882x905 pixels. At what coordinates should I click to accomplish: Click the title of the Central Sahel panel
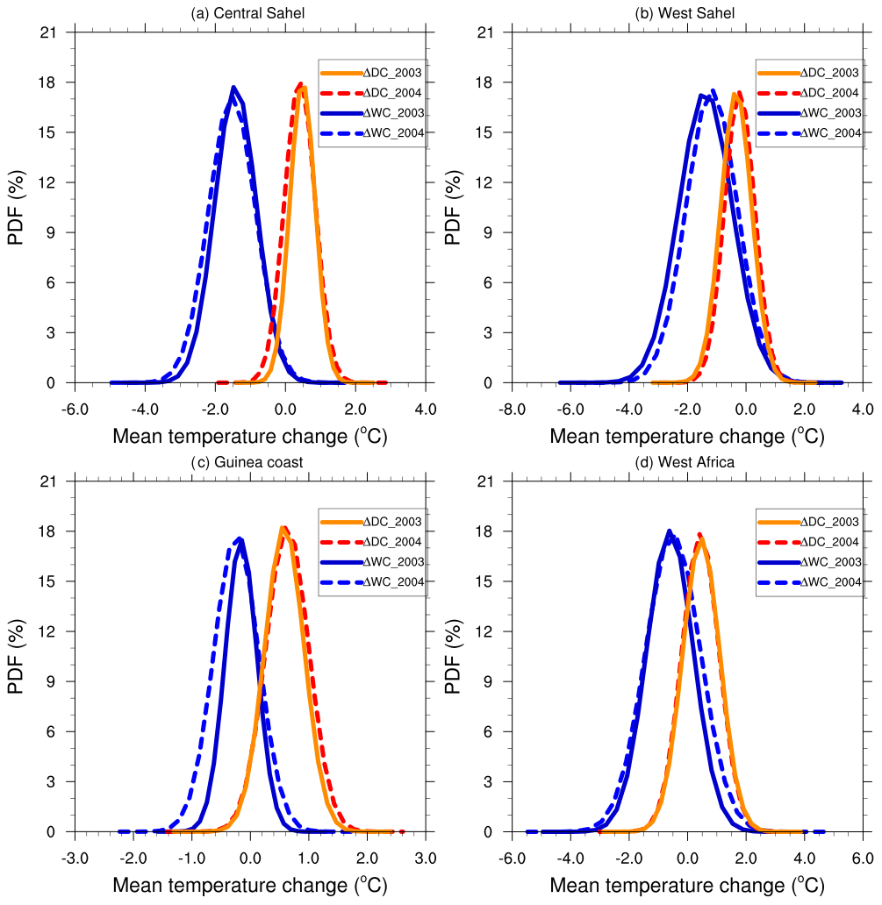250,13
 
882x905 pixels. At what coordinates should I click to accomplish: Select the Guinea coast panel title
250,462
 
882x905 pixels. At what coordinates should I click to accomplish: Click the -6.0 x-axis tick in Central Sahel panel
75,408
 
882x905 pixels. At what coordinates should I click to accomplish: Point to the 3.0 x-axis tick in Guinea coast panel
426,857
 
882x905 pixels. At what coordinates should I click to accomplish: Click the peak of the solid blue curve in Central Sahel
233,88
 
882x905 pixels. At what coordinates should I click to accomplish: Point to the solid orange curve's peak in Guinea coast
283,527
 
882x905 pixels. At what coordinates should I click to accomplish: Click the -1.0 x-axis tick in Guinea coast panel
192,857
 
